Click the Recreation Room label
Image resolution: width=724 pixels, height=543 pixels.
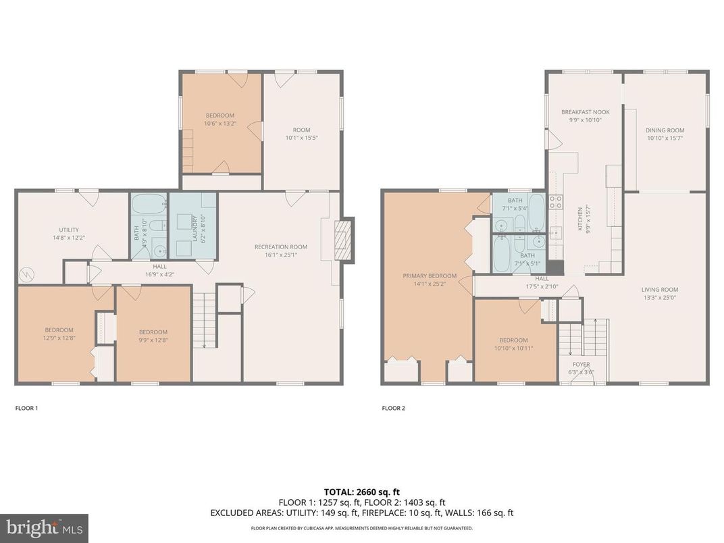click(x=280, y=247)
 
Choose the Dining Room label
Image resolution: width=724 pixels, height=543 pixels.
click(x=665, y=130)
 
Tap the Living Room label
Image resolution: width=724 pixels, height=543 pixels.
click(x=659, y=290)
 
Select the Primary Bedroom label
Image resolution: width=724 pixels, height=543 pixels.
click(x=430, y=276)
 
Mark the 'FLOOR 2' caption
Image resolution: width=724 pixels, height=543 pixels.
click(x=393, y=408)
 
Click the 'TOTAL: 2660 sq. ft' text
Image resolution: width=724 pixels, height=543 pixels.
click(x=362, y=492)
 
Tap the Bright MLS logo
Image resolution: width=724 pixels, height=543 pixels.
click(x=43, y=527)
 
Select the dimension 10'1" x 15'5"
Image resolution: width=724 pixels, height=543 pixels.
click(x=301, y=138)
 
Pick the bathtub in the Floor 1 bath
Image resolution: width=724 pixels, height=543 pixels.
click(x=148, y=203)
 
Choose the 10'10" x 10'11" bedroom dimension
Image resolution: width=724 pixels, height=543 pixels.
click(x=513, y=348)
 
